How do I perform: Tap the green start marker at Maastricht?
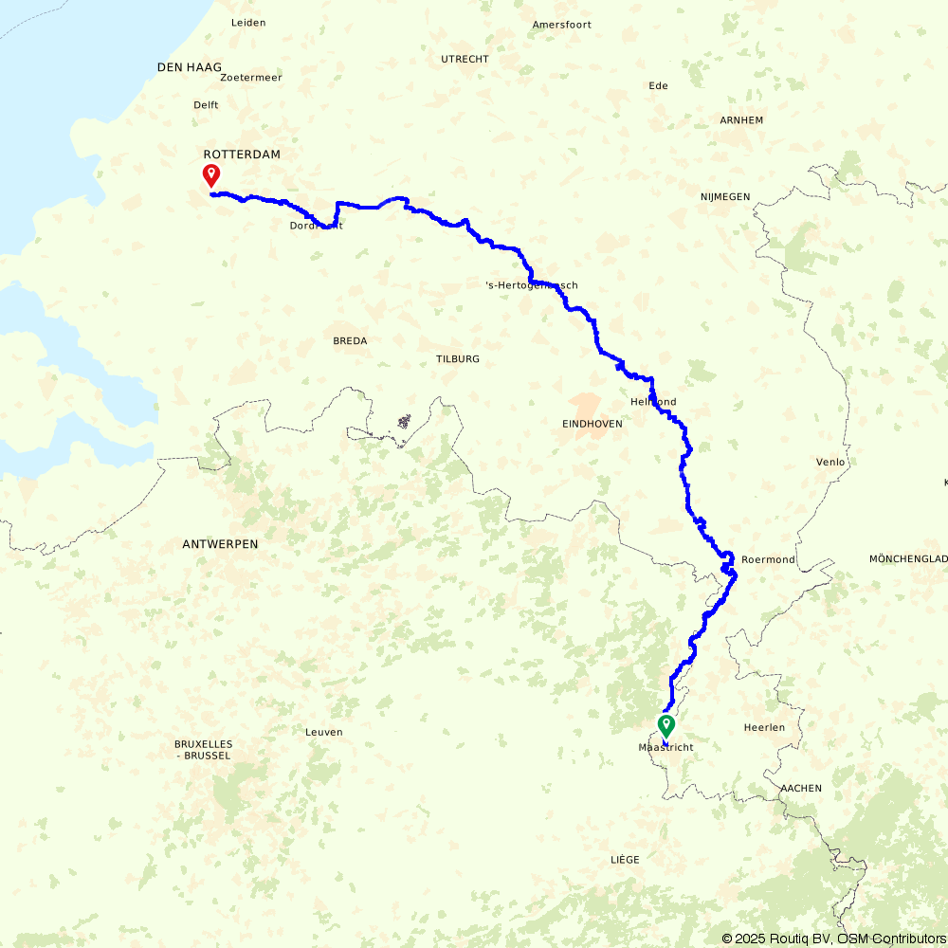(666, 726)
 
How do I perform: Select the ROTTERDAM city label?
(242, 154)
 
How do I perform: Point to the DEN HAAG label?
(190, 67)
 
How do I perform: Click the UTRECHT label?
(465, 59)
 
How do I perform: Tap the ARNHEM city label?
(741, 120)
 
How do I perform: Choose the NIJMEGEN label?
(725, 196)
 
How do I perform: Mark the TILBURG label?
(458, 359)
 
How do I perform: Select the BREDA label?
(350, 340)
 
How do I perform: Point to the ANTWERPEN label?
(220, 544)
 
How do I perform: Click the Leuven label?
(324, 732)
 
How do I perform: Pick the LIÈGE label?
(625, 859)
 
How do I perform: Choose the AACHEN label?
(801, 788)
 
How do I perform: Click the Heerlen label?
(765, 727)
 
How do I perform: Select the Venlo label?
(829, 462)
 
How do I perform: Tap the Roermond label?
(769, 559)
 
